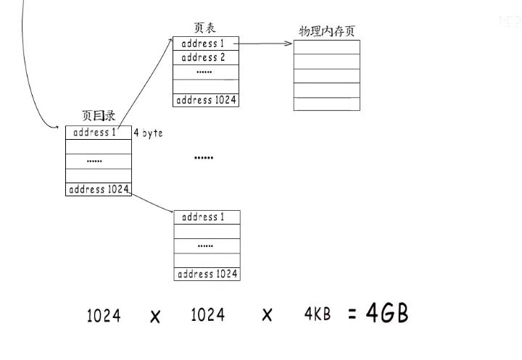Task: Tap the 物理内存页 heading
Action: point(326,32)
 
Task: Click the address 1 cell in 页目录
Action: point(94,133)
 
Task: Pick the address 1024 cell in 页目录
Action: point(99,189)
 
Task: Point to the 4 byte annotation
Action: point(148,133)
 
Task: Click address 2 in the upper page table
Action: point(203,58)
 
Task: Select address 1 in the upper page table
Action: point(203,43)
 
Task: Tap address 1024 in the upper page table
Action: point(206,100)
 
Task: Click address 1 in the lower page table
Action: point(203,217)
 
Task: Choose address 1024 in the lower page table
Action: point(207,274)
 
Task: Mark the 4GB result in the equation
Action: point(387,314)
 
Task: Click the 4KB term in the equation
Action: point(318,314)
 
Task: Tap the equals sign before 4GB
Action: point(352,315)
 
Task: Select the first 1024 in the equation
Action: point(104,316)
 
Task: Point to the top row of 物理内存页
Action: point(326,46)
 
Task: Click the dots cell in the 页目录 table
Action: point(95,161)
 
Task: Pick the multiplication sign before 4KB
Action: point(267,316)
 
